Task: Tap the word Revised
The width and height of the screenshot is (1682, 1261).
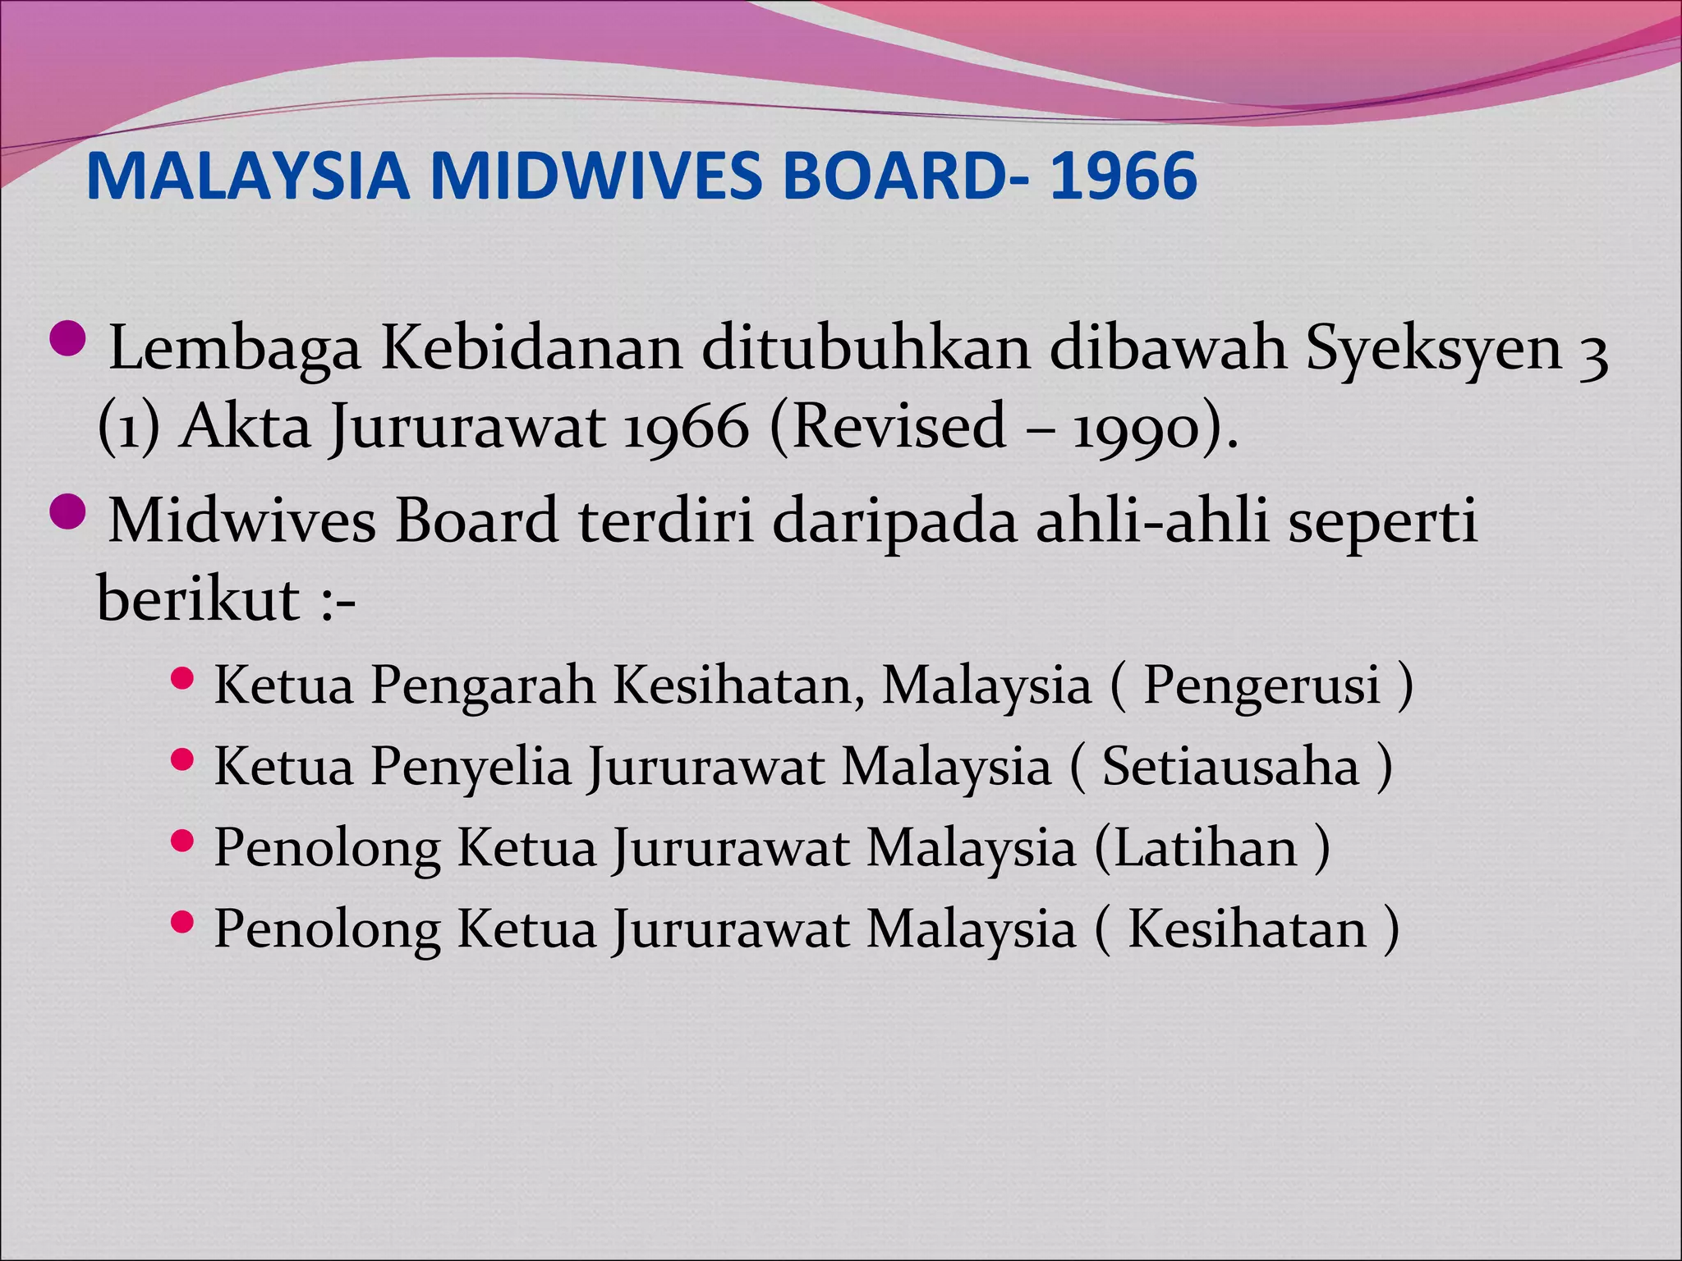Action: (x=898, y=426)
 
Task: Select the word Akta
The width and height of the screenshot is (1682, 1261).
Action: (x=246, y=428)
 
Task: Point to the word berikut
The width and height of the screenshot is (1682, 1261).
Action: (x=198, y=599)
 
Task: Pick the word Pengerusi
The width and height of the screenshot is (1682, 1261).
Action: (x=1261, y=686)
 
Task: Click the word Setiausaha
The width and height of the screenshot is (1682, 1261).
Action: (x=1230, y=767)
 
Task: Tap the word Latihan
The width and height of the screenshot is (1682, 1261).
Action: (x=1205, y=848)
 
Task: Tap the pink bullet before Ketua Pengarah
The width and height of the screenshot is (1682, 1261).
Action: (x=183, y=678)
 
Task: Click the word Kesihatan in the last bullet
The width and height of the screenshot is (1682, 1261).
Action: (x=1247, y=929)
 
